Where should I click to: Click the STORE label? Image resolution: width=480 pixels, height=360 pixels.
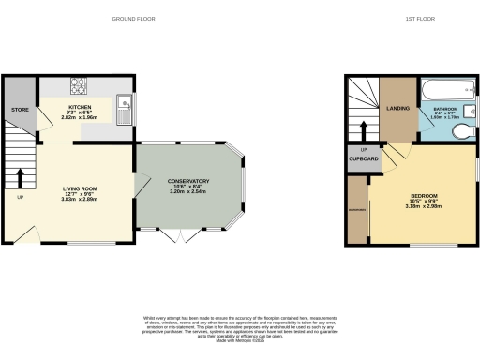[x=20, y=111]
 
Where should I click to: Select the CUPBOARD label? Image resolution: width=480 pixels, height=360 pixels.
[x=364, y=159]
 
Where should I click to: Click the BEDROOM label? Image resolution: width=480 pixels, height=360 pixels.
[x=425, y=196]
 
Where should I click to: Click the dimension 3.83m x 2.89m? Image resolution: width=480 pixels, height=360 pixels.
[x=81, y=200]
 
